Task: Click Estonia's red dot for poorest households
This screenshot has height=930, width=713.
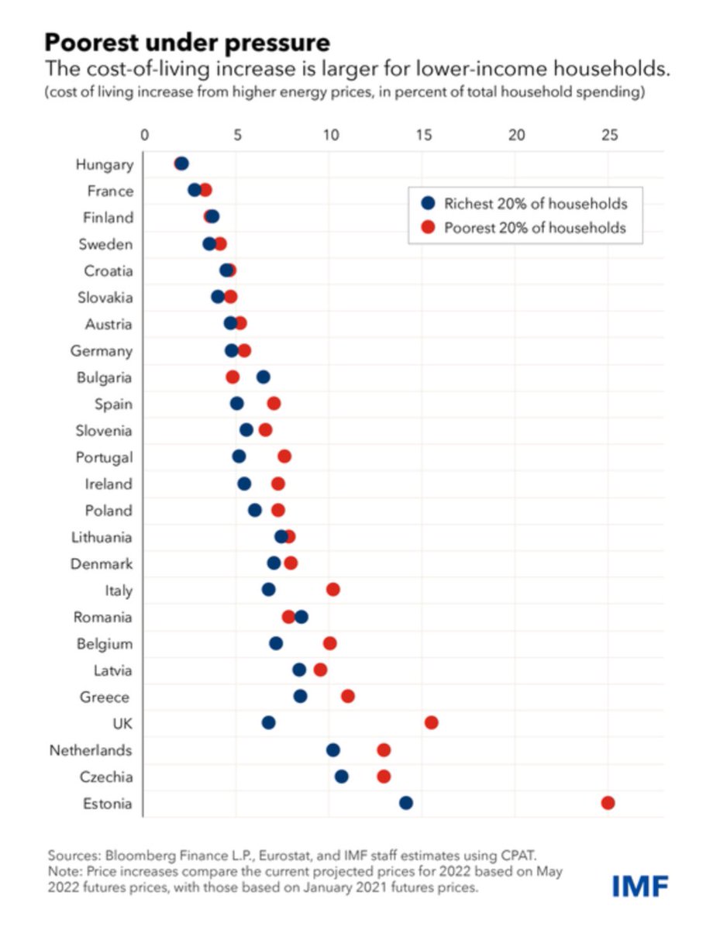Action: pos(608,803)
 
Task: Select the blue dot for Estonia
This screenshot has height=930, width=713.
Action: pos(406,803)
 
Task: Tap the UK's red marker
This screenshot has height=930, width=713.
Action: pos(432,723)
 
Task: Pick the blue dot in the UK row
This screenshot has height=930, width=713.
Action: pos(269,723)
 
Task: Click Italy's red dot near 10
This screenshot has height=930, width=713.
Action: pos(333,590)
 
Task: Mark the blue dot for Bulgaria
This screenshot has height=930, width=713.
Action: pos(263,377)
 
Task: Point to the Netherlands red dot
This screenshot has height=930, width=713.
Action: pos(384,750)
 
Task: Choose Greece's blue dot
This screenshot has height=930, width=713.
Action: pos(300,697)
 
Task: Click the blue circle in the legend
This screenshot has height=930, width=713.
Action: pos(427,205)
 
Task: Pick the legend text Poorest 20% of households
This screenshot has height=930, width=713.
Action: pos(535,229)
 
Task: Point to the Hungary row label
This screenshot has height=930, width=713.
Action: pos(104,164)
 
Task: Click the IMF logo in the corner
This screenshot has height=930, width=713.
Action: pos(639,885)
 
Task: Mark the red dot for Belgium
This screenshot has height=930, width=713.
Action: pos(330,643)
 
